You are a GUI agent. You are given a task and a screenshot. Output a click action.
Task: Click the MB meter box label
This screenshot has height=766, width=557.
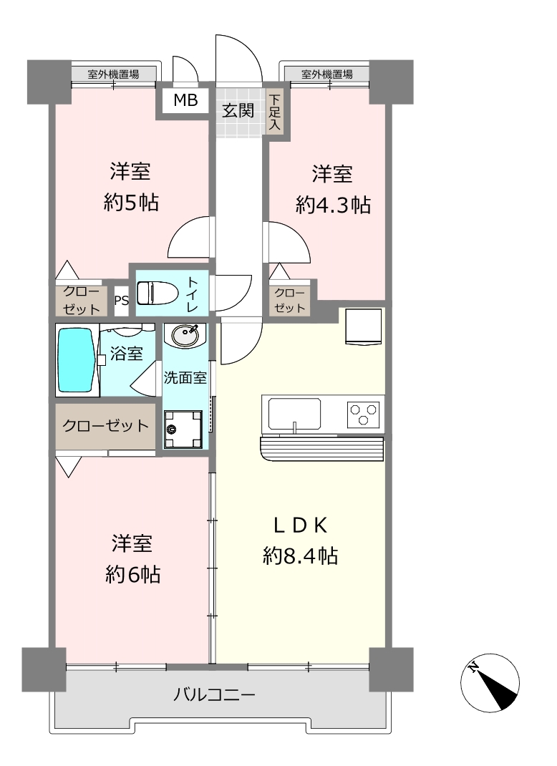[x=186, y=100]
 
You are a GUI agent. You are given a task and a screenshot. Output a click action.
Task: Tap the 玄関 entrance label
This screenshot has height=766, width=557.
[x=238, y=111]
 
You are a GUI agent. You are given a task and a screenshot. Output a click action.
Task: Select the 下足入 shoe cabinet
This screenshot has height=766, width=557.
[x=275, y=112]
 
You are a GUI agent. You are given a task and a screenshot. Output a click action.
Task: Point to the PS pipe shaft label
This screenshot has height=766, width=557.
[x=122, y=300]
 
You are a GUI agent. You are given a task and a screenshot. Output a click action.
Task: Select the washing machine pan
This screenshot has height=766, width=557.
[x=183, y=430]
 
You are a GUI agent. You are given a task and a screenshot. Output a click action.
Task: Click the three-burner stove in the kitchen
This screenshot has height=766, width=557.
[x=363, y=413]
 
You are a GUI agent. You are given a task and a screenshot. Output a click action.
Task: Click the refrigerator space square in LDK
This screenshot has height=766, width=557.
[x=364, y=326]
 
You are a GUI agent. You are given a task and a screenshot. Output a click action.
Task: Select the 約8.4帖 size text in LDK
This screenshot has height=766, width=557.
[x=300, y=556]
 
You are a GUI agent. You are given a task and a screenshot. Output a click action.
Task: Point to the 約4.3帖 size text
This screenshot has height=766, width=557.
[x=333, y=205]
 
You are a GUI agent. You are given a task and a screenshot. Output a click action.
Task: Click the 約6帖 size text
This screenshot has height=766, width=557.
[x=133, y=574]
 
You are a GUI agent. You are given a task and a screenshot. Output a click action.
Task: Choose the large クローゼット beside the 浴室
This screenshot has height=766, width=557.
[x=105, y=425]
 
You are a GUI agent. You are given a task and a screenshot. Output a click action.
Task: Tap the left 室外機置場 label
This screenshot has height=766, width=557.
[x=113, y=74]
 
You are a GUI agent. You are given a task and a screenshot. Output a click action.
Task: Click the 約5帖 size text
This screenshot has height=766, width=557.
[x=131, y=203]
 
